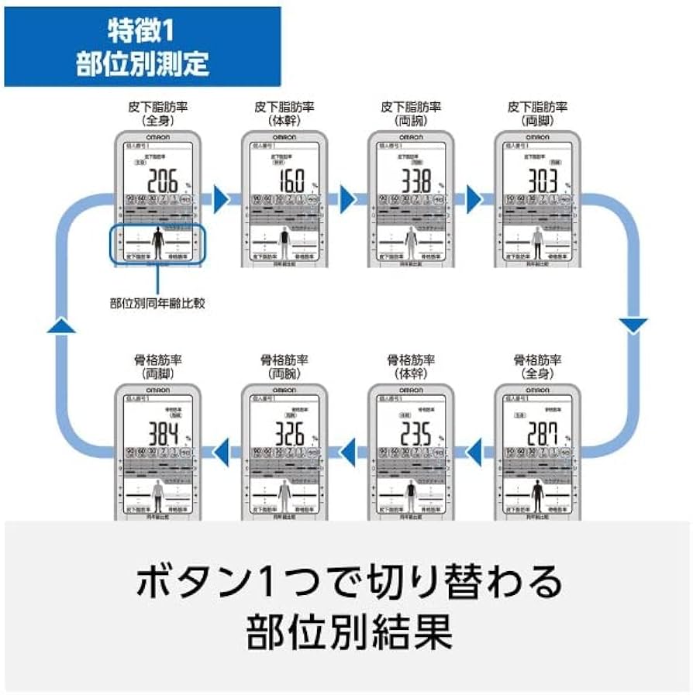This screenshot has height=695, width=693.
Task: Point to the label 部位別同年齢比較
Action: tap(158, 303)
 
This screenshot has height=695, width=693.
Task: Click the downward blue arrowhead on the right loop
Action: tap(633, 326)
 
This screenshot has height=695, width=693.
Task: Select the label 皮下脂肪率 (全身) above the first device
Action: tap(158, 113)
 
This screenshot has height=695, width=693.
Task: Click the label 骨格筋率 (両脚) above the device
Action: tap(158, 366)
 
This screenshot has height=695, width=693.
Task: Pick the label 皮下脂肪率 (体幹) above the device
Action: tap(284, 113)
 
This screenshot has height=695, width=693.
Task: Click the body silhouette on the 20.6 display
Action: tap(158, 242)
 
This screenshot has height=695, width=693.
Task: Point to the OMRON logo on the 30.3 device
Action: tap(537, 137)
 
